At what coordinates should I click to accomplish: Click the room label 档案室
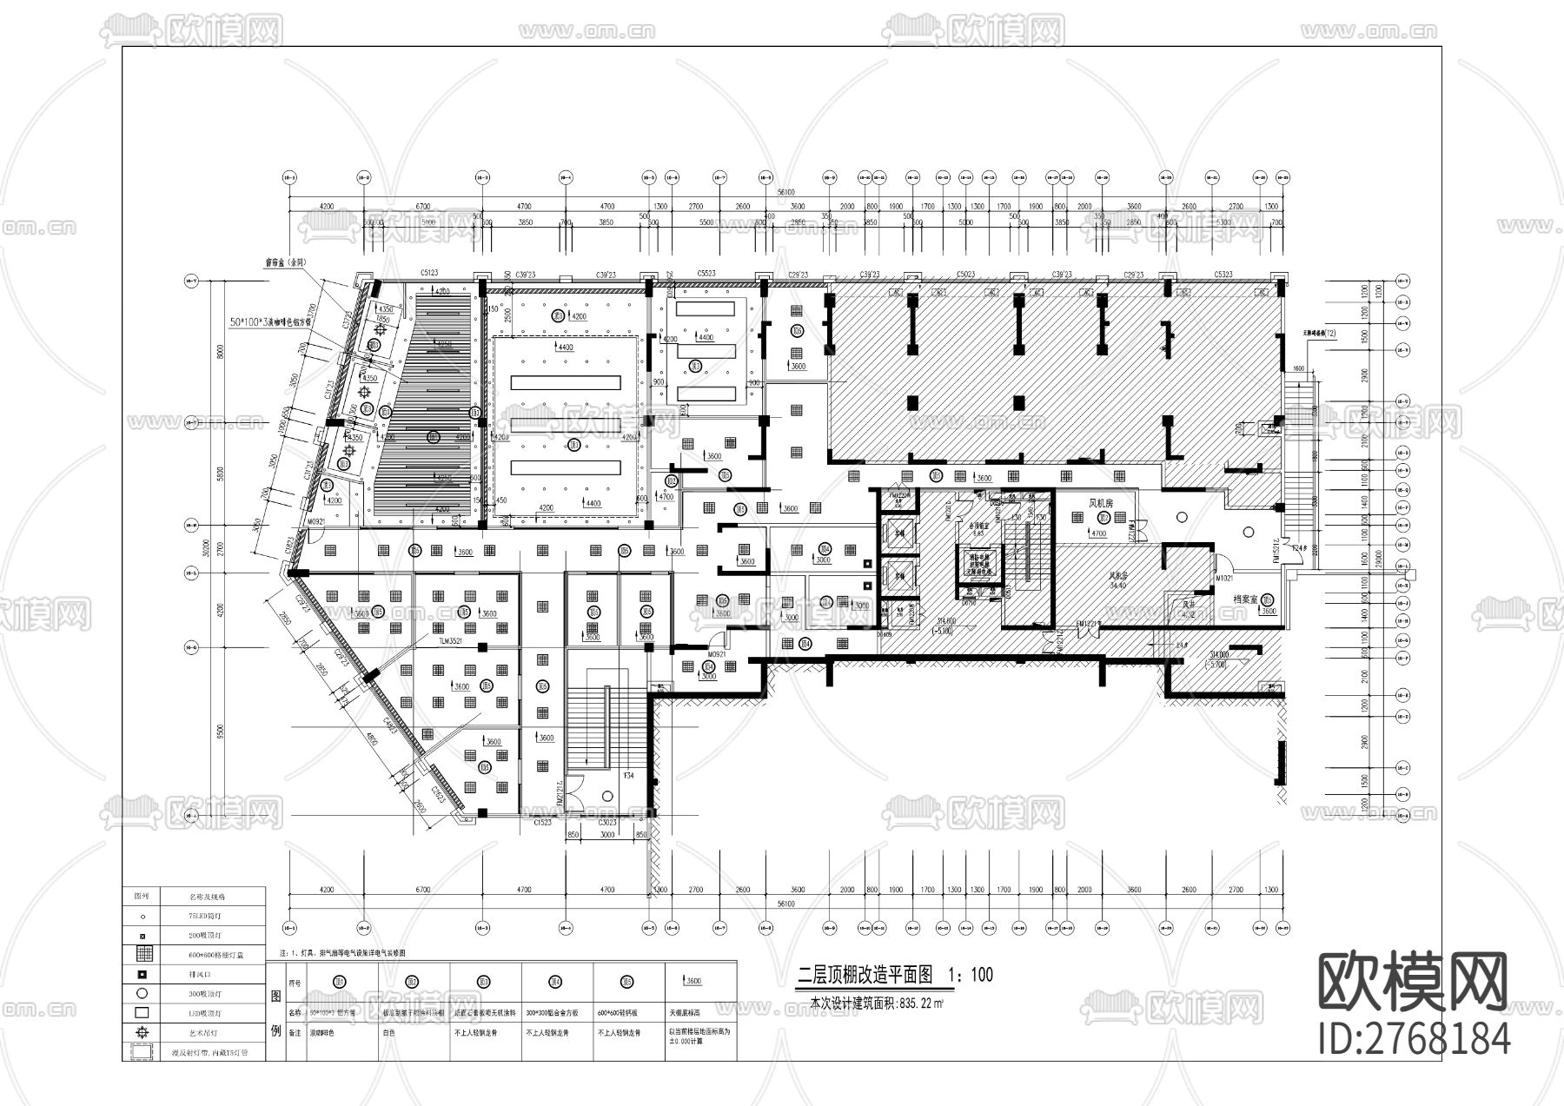pyautogui.click(x=1247, y=599)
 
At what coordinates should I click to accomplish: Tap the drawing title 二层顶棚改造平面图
pyautogui.click(x=865, y=976)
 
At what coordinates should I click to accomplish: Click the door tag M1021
pyautogui.click(x=1225, y=578)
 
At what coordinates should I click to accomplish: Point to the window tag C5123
pyautogui.click(x=429, y=274)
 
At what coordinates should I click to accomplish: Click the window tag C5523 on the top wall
pyautogui.click(x=706, y=274)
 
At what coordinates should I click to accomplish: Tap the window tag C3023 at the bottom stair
pyautogui.click(x=607, y=822)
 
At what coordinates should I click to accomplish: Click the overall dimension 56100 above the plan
pyautogui.click(x=787, y=191)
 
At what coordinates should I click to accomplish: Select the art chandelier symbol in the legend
pyautogui.click(x=142, y=1031)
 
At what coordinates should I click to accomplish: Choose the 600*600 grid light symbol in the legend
pyautogui.click(x=142, y=954)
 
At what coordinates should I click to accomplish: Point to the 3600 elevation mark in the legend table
pyautogui.click(x=693, y=982)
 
